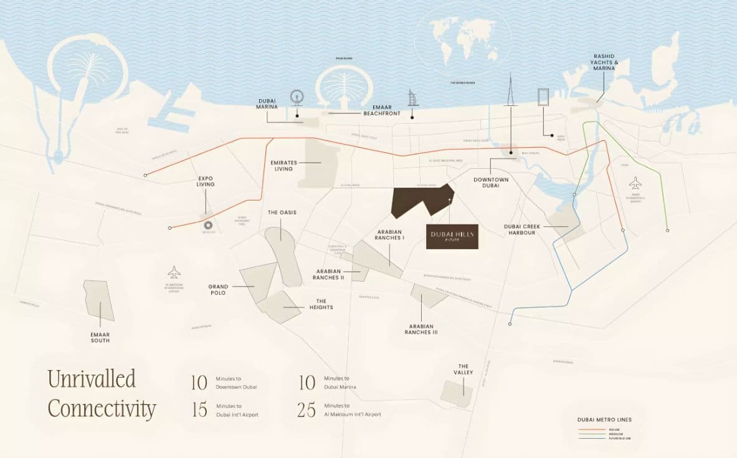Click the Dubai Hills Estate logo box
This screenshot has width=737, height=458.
tap(452, 236)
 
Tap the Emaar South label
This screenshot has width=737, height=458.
tap(100, 337)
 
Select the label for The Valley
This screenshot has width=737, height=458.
tap(464, 370)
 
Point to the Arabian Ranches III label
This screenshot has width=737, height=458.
tap(422, 329)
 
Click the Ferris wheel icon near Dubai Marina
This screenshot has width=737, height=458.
tap(297, 98)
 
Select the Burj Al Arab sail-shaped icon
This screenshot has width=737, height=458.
tap(411, 98)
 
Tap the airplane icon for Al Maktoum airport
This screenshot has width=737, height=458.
tap(174, 272)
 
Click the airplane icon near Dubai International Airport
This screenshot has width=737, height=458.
tap(635, 183)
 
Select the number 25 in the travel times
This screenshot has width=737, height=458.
tap(306, 409)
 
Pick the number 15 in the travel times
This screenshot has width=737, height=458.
tap(199, 409)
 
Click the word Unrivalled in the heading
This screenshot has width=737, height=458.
tap(92, 378)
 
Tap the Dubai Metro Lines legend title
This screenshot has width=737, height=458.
tap(604, 419)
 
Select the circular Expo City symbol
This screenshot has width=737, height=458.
tap(208, 226)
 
